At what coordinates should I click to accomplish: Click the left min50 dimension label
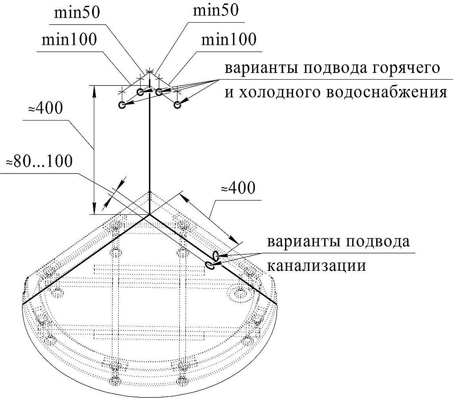(77, 12)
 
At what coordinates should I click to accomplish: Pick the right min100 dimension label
(229, 40)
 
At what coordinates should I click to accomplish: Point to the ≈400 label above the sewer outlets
(238, 188)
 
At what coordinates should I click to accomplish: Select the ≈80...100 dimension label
(38, 161)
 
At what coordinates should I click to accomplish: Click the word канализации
(316, 265)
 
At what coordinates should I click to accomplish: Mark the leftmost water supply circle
(122, 105)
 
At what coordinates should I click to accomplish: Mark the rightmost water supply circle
(177, 105)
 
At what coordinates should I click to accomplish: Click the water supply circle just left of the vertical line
(140, 92)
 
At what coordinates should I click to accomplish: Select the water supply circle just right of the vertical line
(159, 92)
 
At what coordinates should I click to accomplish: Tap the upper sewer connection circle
(216, 256)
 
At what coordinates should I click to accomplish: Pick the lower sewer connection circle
(209, 265)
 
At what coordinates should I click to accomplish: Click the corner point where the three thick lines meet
(149, 215)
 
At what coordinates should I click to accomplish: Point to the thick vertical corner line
(149, 151)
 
